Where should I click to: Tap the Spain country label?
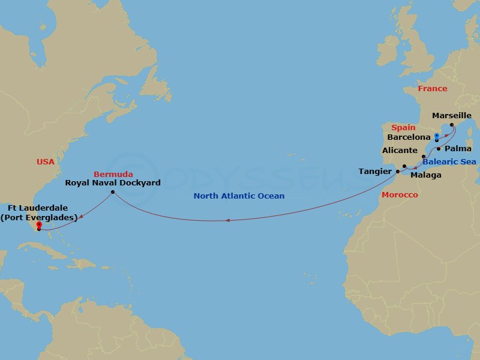pyautogui.click(x=403, y=128)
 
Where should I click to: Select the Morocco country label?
pyautogui.click(x=400, y=196)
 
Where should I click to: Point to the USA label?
pyautogui.click(x=45, y=162)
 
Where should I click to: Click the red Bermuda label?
pyautogui.click(x=113, y=174)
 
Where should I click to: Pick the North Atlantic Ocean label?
pyautogui.click(x=239, y=196)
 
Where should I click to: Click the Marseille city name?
pyautogui.click(x=452, y=114)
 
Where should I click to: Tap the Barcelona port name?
pyautogui.click(x=410, y=137)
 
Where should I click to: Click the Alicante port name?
pyautogui.click(x=400, y=151)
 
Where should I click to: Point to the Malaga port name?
pyautogui.click(x=426, y=175)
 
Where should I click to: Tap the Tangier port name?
pyautogui.click(x=375, y=172)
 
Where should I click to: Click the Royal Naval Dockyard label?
pyautogui.click(x=113, y=183)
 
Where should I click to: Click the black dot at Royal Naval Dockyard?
pyautogui.click(x=113, y=193)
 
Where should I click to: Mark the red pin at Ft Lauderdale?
pyautogui.click(x=39, y=226)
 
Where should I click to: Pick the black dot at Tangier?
pyautogui.click(x=397, y=172)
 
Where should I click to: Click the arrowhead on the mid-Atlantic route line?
pyautogui.click(x=227, y=221)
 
